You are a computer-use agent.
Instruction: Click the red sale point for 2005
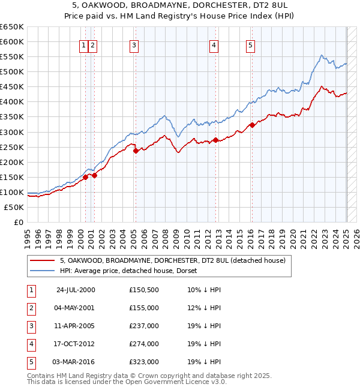coord(136,151)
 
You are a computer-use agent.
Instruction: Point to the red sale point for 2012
coord(215,140)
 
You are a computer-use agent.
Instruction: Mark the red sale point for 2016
coord(252,125)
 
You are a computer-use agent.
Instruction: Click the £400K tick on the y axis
coord(13,101)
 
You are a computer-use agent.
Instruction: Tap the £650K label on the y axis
coord(13,27)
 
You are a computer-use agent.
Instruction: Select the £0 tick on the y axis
coord(19,222)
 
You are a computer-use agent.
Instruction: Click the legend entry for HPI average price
coord(132,271)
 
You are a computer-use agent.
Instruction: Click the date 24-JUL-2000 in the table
coord(75,290)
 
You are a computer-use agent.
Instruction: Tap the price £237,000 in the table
coord(143,326)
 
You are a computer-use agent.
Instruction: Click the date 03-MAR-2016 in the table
coord(74,362)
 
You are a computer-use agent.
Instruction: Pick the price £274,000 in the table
coord(143,344)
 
